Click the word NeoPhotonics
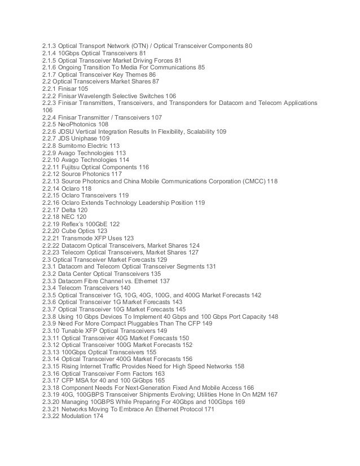click(x=78, y=124)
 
